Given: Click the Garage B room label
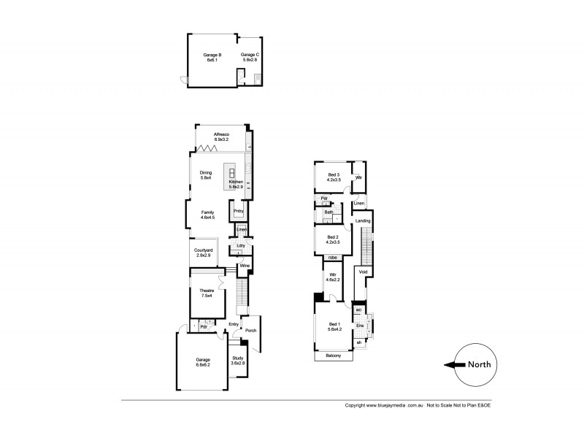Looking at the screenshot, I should coord(212,55).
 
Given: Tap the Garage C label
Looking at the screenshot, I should coord(250,55).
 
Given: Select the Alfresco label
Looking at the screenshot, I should coord(222,135).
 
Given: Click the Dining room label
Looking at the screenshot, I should coord(206,173).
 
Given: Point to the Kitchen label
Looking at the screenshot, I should coord(236,182).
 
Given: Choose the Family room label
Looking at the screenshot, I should coord(207,212).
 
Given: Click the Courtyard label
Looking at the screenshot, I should coord(202,250).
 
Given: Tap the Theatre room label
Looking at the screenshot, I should coord(206,291).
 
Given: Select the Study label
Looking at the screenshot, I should coord(238,358).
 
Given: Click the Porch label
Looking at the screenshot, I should coord(250,330).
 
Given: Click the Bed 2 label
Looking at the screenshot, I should coord(332,237).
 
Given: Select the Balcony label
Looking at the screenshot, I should coord(333,356).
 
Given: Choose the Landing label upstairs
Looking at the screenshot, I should coord(363,220).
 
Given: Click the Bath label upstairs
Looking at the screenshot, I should coord(329,212).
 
